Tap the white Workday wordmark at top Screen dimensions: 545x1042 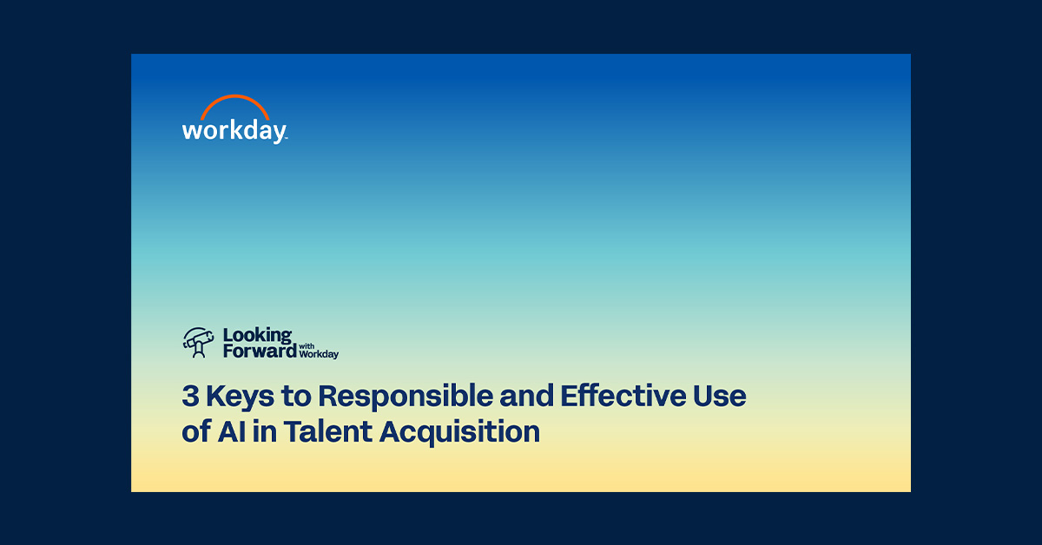[233, 130]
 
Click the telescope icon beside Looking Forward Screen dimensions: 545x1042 [199, 342]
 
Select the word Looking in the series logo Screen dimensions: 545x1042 [257, 334]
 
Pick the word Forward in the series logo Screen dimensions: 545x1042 [259, 351]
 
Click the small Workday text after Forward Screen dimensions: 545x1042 [318, 354]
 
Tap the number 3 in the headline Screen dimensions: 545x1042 [190, 397]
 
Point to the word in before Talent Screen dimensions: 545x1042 [264, 431]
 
